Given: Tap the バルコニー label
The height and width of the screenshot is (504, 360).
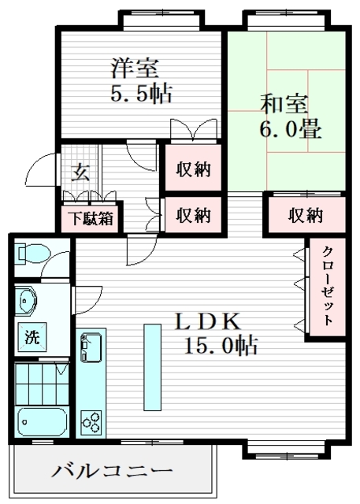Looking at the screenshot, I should point(112,472).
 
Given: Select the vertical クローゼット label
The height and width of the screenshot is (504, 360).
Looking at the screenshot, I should point(325,287).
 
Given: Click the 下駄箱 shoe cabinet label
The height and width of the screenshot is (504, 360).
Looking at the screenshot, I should point(89,217).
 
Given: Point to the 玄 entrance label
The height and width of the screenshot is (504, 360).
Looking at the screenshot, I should point(81,172).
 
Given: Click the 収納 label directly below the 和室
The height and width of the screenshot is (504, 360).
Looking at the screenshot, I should point(306,213).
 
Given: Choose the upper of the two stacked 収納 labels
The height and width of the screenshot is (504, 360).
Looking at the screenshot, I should point(193,169).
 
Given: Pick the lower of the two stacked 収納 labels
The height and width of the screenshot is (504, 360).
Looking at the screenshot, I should point(193,213).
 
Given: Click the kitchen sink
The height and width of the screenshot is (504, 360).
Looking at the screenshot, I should point(91,346).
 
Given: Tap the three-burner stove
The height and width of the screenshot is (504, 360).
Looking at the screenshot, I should point(91,421).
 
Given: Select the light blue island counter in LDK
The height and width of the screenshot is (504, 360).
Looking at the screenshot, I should point(150,365).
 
